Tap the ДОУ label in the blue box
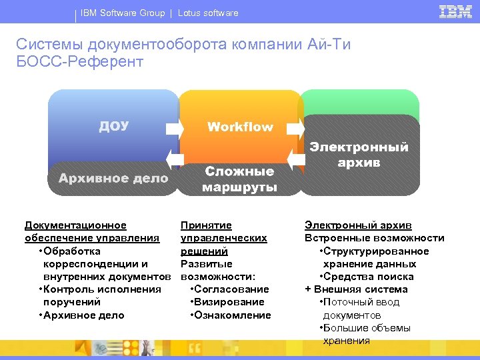coord(114,126)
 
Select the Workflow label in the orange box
coord(240,127)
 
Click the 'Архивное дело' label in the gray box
coord(113,178)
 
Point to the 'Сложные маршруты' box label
coord(240,179)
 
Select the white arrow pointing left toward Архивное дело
coord(174,159)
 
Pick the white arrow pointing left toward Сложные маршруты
coord(295,159)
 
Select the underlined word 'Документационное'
coord(75,225)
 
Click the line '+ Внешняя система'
coord(356,289)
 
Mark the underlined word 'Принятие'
coord(206,225)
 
